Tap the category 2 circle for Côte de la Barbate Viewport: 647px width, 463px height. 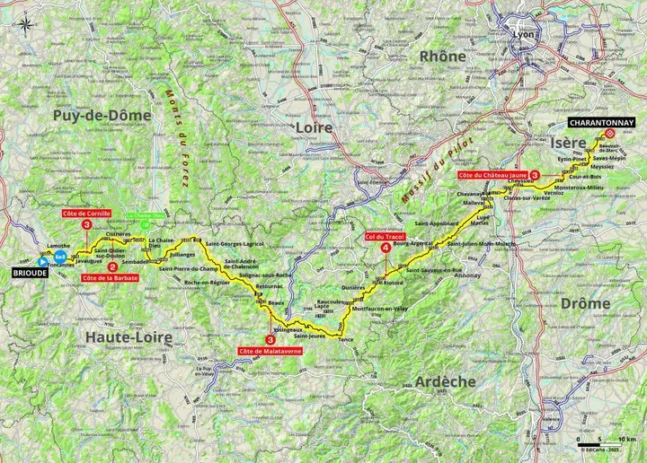(x=112, y=266)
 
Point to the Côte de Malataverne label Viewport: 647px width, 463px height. (x=270, y=350)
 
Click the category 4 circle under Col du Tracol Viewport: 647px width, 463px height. (x=386, y=248)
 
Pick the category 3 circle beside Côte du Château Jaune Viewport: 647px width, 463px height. (x=536, y=176)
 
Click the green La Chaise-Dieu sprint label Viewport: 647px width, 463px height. (x=145, y=216)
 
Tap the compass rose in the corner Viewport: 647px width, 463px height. (x=28, y=25)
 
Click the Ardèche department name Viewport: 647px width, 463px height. (x=446, y=381)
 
